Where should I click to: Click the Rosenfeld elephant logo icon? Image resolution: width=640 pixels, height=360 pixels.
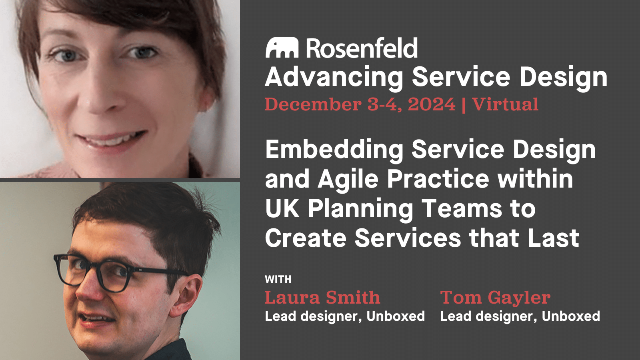282,48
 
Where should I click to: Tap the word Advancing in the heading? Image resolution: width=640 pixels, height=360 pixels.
334,77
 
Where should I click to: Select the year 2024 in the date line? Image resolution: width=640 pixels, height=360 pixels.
431,105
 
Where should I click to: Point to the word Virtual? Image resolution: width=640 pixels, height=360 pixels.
505,105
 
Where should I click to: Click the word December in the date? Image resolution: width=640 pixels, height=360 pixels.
313,105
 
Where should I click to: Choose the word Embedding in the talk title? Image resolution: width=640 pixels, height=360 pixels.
334,150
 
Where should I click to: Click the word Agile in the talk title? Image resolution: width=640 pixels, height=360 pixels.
348,179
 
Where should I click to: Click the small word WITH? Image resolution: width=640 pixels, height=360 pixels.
278,279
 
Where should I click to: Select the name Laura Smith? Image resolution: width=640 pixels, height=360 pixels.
322,298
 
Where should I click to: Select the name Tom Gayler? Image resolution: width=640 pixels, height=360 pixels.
495,298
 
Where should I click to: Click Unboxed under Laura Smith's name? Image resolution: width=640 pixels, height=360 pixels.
396,316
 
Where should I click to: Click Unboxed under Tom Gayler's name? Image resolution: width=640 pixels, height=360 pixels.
571,316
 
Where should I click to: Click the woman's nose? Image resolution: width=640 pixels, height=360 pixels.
100,100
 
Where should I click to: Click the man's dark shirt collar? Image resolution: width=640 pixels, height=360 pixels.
172,350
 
